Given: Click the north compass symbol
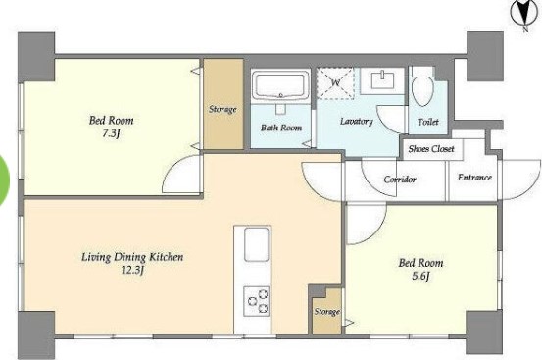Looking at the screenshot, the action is [x=524, y=14].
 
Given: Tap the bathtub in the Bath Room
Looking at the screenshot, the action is [x=280, y=85].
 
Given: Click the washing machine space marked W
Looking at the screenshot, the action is [x=335, y=83].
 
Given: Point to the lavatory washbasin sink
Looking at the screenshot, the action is [x=382, y=80].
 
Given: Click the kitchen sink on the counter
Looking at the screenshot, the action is [x=257, y=244].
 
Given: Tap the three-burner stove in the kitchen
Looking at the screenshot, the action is [x=256, y=301].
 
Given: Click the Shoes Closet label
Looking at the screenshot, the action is [x=431, y=149].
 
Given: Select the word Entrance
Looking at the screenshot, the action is [x=474, y=178].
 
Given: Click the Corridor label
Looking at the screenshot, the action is [x=400, y=180].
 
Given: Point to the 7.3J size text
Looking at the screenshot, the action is [x=111, y=133].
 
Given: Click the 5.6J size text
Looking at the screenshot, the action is [x=420, y=276].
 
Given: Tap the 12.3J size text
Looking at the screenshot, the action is [x=132, y=270].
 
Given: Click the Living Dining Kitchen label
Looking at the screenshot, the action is [x=132, y=257].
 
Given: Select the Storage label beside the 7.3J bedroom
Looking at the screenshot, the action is [x=222, y=110].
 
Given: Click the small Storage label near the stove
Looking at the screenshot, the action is [x=326, y=312].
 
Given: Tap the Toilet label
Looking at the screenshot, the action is [x=428, y=122].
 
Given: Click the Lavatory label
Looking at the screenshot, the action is [x=357, y=121].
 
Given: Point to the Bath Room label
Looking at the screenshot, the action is [x=281, y=128].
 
